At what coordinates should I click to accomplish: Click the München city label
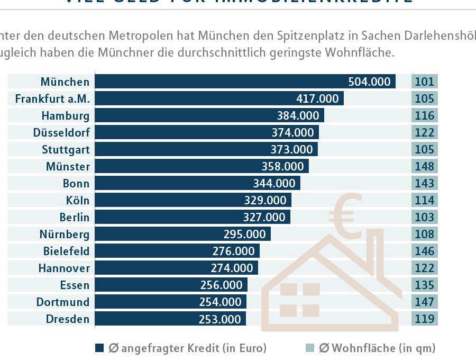[x=65, y=82]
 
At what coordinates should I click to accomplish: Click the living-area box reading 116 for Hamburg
[x=424, y=115]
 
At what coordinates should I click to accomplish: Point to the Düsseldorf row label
[x=61, y=132]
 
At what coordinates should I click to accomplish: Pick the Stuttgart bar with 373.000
[x=206, y=149]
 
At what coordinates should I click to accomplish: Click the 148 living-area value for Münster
[x=424, y=166]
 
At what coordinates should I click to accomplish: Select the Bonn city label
[x=76, y=183]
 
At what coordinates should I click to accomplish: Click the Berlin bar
[x=193, y=217]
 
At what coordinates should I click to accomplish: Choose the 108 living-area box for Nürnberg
[x=424, y=234]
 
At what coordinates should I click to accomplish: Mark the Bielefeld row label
[x=67, y=251]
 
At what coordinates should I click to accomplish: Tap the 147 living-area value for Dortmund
[x=424, y=302]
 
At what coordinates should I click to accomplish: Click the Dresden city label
[x=68, y=319]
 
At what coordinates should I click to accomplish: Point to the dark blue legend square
[x=99, y=348]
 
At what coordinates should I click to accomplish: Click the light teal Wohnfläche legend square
[x=310, y=348]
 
